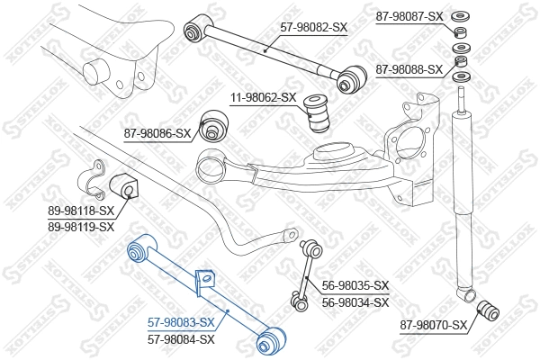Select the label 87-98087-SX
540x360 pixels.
pos(408,16)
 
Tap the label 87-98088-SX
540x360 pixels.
pos(408,69)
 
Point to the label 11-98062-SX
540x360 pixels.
pos(263,97)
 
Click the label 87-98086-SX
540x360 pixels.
pos(157,133)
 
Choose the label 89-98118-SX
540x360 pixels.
pos(81,211)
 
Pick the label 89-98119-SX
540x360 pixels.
pos(81,226)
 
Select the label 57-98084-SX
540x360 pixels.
pos(181,338)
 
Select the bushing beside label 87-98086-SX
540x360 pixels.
pos(213,126)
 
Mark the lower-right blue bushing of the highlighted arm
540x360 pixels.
pos(271,341)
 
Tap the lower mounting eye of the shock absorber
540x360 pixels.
pos(465,293)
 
